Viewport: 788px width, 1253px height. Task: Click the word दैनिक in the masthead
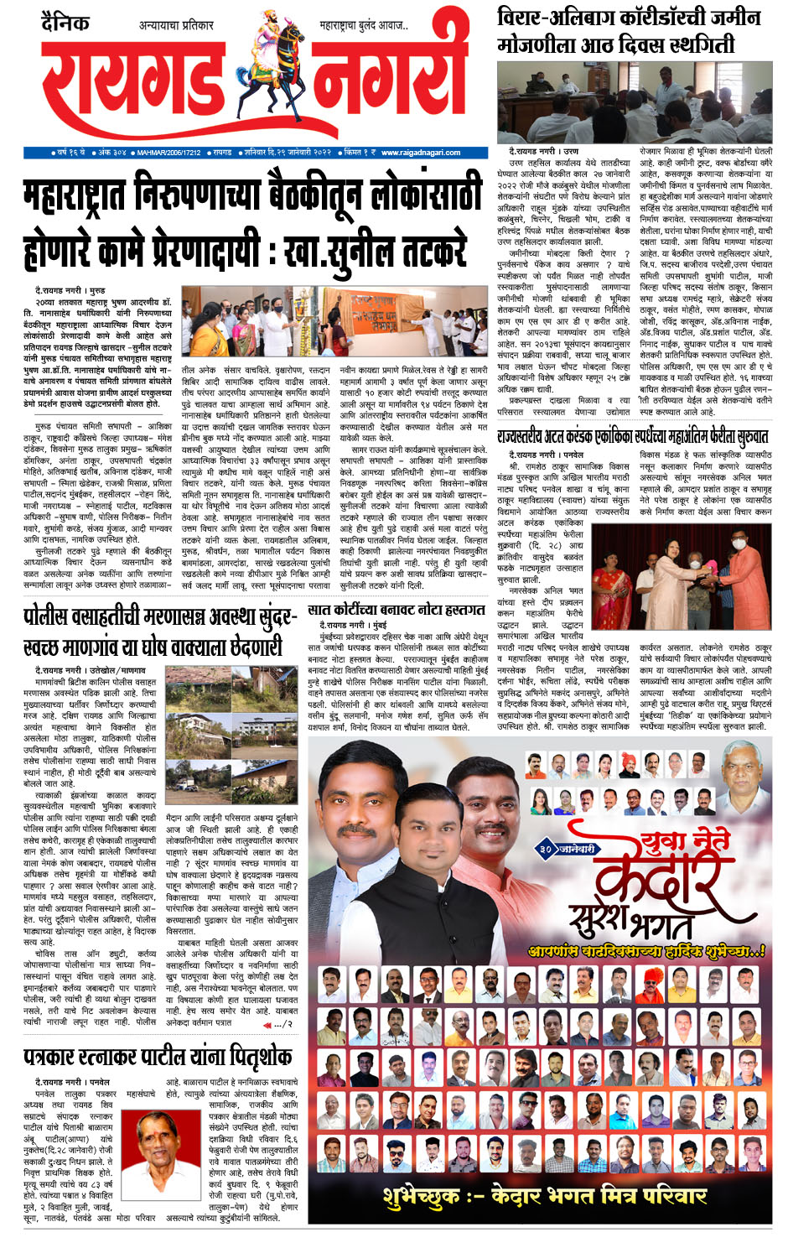(x=65, y=23)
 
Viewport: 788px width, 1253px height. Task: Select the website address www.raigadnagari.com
(x=421, y=153)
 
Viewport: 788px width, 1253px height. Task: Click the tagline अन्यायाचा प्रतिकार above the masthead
(x=176, y=25)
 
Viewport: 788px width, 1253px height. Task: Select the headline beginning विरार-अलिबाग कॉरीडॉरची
(x=629, y=30)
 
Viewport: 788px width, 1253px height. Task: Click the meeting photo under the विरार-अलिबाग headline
(x=634, y=102)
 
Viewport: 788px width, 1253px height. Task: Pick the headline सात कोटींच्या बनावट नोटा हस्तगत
(x=397, y=610)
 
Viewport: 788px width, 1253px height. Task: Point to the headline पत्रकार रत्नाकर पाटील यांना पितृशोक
(x=158, y=1055)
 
